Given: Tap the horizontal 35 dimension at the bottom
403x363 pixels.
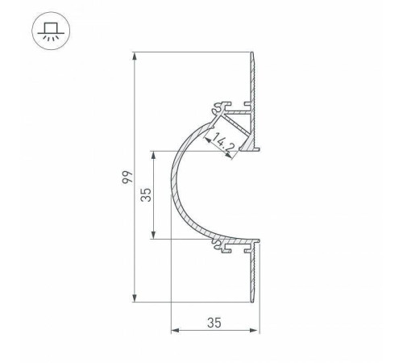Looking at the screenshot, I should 214,323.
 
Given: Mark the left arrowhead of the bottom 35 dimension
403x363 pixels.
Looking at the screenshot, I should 175,331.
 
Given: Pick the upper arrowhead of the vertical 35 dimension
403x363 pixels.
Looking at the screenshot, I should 153,153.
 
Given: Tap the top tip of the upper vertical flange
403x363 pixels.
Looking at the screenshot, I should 255,56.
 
